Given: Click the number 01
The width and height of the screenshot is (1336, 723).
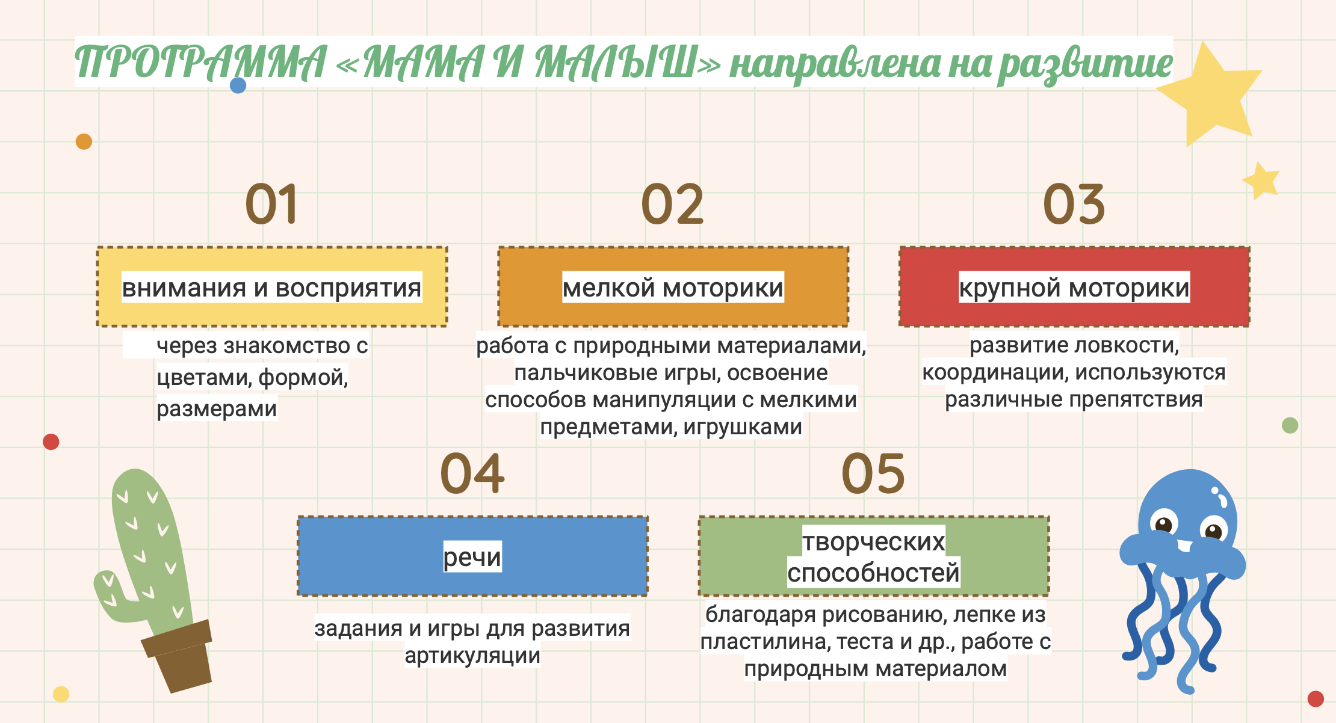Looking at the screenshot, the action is (x=271, y=204).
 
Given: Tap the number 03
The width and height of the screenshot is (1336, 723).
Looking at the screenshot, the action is (x=1074, y=204).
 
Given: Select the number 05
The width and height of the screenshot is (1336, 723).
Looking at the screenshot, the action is (x=873, y=474).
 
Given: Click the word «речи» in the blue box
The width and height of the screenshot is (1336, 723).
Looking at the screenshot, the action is (x=472, y=557).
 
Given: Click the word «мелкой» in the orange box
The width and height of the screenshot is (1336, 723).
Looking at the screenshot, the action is (x=608, y=288).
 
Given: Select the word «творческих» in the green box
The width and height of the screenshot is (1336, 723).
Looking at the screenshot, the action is (x=874, y=542).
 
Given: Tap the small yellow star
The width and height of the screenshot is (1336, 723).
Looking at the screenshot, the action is (x=1260, y=180).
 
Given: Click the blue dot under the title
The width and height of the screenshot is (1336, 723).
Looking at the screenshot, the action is (x=238, y=85).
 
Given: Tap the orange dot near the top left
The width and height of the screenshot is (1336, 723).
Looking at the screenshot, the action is (x=84, y=141).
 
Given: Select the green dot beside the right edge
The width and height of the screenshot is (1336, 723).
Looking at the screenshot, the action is (x=1290, y=425).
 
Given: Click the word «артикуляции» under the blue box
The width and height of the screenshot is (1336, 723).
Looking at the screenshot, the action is (x=472, y=655).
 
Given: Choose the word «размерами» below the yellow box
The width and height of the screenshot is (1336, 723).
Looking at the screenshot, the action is (x=217, y=408).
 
